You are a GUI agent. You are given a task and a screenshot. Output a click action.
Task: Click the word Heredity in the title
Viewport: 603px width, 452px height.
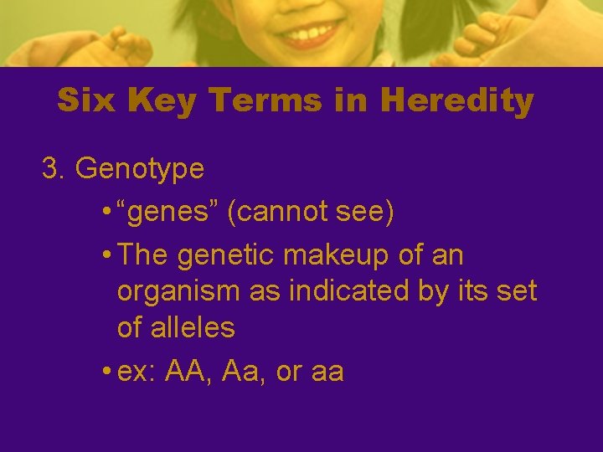(x=456, y=101)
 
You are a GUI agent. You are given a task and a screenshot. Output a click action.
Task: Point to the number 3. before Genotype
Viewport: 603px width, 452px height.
(x=54, y=168)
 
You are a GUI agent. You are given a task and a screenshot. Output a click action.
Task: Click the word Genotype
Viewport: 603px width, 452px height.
(x=140, y=170)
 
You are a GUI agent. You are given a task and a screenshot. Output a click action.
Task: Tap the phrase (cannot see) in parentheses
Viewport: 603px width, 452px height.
(x=315, y=213)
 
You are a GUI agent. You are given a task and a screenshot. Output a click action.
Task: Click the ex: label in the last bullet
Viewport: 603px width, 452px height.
(x=137, y=371)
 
